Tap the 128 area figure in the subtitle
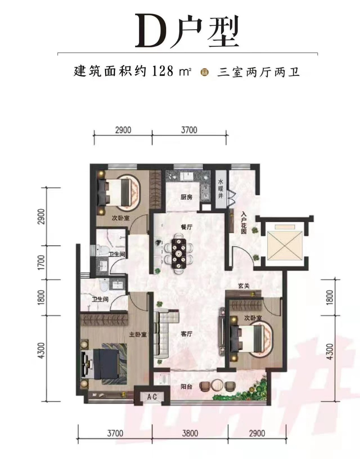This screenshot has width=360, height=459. point(163,71)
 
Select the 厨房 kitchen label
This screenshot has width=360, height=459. point(186,197)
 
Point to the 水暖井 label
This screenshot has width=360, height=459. point(221,189)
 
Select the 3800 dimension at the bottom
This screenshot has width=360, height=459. point(190,433)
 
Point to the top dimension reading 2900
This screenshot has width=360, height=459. point(123,130)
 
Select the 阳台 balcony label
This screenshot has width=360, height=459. point(186,387)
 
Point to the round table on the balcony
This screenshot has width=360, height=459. point(217,385)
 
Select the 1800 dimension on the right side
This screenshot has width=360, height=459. point(331,297)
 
